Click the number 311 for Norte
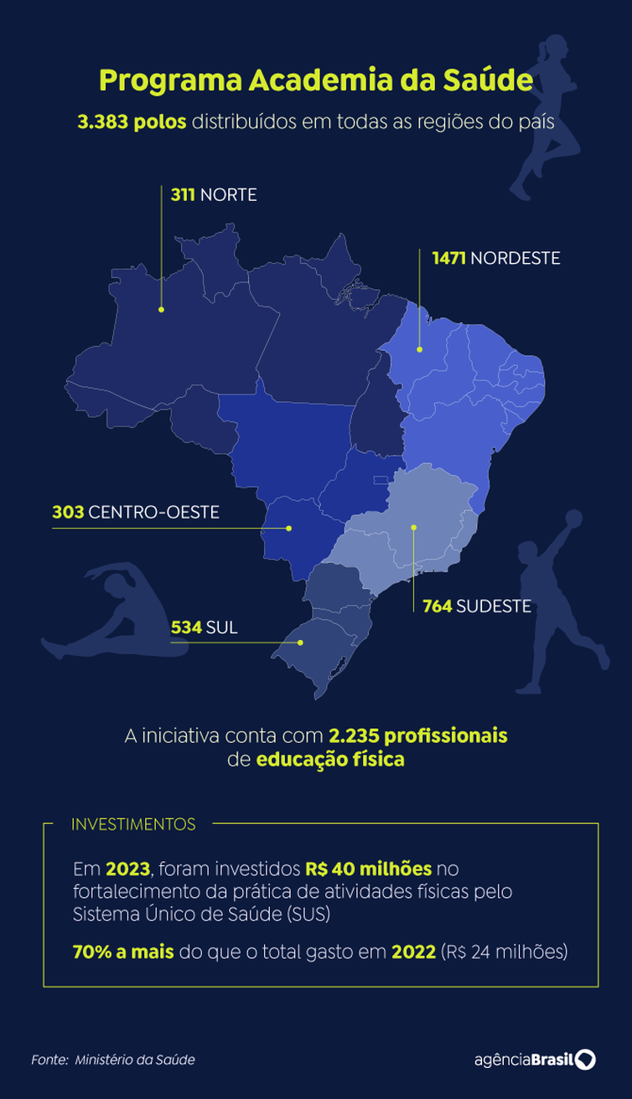(183, 195)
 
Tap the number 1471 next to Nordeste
(449, 258)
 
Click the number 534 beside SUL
(186, 627)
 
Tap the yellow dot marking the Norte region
(162, 309)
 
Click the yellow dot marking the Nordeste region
(420, 349)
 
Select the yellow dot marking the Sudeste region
(413, 527)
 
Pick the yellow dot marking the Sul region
(301, 642)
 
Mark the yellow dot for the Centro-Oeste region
(288, 528)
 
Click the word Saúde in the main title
(490, 81)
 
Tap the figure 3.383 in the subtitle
(102, 122)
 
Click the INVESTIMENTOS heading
(133, 824)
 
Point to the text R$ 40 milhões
(369, 867)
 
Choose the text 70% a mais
(122, 952)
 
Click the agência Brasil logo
(534, 1059)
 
